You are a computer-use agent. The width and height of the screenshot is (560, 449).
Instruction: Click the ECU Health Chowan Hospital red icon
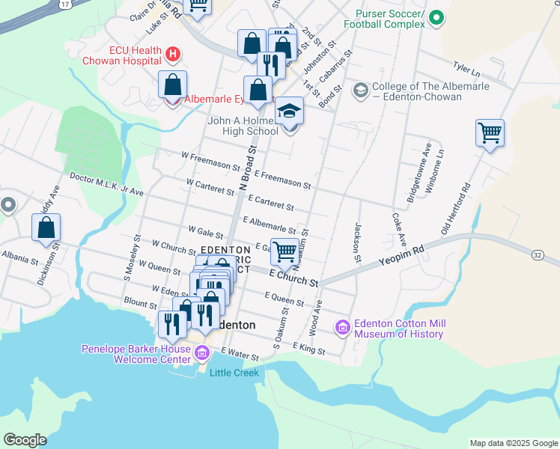pyautogui.click(x=173, y=54)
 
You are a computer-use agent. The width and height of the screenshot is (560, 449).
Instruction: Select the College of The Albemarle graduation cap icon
pyautogui.click(x=359, y=91)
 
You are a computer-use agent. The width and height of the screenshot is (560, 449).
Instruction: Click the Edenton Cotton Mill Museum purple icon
pyautogui.click(x=343, y=327)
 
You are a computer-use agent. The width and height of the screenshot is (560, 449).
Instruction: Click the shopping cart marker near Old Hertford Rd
pyautogui.click(x=490, y=134)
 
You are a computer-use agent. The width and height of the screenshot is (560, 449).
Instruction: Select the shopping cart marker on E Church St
pyautogui.click(x=284, y=252)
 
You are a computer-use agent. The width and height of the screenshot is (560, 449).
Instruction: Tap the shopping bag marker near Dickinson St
pyautogui.click(x=46, y=229)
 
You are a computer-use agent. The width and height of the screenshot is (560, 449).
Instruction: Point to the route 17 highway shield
pyautogui.click(x=65, y=4)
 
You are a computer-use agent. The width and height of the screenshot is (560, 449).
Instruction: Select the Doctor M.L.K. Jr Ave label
pyautogui.click(x=106, y=185)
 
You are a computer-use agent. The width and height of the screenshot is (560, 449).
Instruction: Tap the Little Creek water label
pyautogui.click(x=234, y=373)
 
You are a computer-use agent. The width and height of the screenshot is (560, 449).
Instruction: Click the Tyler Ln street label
pyautogui.click(x=466, y=70)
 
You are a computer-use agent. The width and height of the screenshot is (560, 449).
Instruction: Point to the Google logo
pyautogui.click(x=25, y=440)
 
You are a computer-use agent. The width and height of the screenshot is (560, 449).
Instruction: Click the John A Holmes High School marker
pyautogui.click(x=290, y=112)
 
